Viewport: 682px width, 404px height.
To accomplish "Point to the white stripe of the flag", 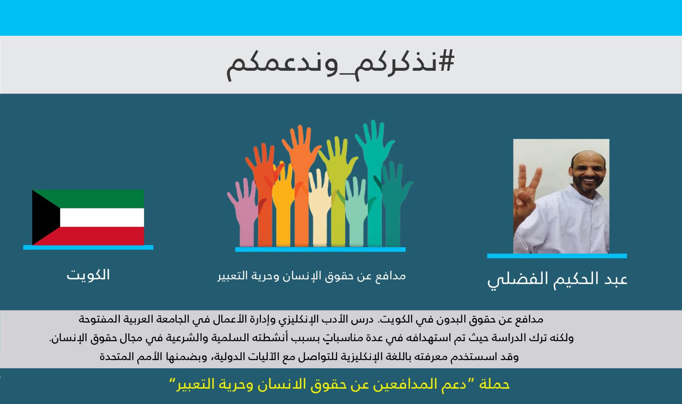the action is click(x=102, y=217).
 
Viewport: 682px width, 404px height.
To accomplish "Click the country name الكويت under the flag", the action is click(x=88, y=275).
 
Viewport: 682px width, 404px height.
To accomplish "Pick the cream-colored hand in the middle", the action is click(x=319, y=207).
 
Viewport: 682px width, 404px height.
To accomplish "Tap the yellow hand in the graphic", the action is click(x=283, y=204).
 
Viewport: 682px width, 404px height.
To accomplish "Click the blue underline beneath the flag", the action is click(x=88, y=248).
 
